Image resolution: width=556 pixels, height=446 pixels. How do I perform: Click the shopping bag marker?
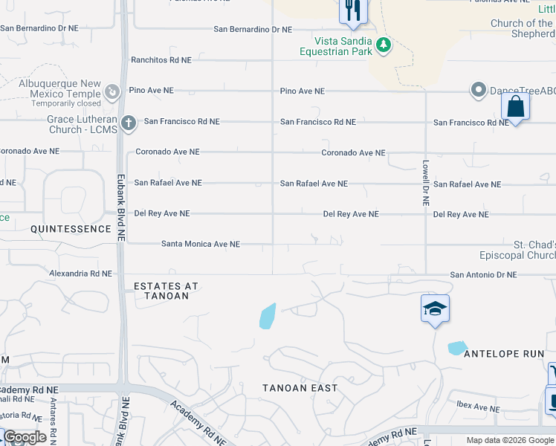point(515,106)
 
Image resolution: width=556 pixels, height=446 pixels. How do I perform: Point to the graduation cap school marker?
point(435,308)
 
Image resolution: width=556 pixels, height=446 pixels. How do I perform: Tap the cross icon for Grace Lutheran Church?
point(128,122)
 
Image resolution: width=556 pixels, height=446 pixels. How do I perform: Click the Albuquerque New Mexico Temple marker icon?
point(112,91)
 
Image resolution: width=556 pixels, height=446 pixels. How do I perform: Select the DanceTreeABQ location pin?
point(478,90)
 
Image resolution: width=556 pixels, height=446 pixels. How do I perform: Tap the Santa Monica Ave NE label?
point(201,244)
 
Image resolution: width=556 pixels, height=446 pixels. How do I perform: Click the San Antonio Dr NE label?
point(483,275)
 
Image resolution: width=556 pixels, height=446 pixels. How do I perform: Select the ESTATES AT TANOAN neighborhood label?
point(167,291)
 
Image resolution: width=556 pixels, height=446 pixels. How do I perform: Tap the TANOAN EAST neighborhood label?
point(300,388)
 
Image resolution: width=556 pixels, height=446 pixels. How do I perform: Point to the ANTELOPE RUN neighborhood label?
point(504,354)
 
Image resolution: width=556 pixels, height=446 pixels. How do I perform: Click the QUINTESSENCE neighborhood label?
point(71,229)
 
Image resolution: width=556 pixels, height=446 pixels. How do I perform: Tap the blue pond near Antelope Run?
point(457,347)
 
